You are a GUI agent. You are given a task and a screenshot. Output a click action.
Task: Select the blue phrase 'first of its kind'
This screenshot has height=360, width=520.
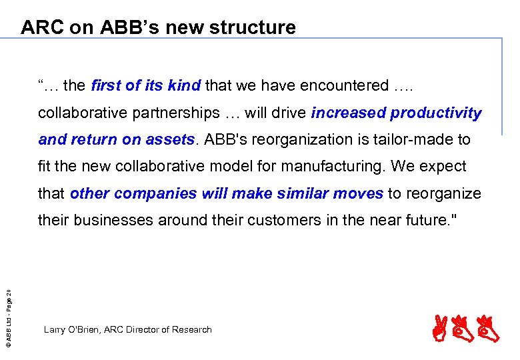[145, 86]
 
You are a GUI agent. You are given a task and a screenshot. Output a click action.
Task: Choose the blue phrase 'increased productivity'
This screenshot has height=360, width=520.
[396, 113]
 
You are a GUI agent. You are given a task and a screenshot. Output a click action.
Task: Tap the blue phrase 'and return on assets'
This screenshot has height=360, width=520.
[117, 139]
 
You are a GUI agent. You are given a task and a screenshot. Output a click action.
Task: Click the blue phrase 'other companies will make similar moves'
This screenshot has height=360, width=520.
[226, 193]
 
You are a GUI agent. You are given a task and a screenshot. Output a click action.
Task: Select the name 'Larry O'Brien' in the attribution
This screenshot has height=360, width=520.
[72, 329]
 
